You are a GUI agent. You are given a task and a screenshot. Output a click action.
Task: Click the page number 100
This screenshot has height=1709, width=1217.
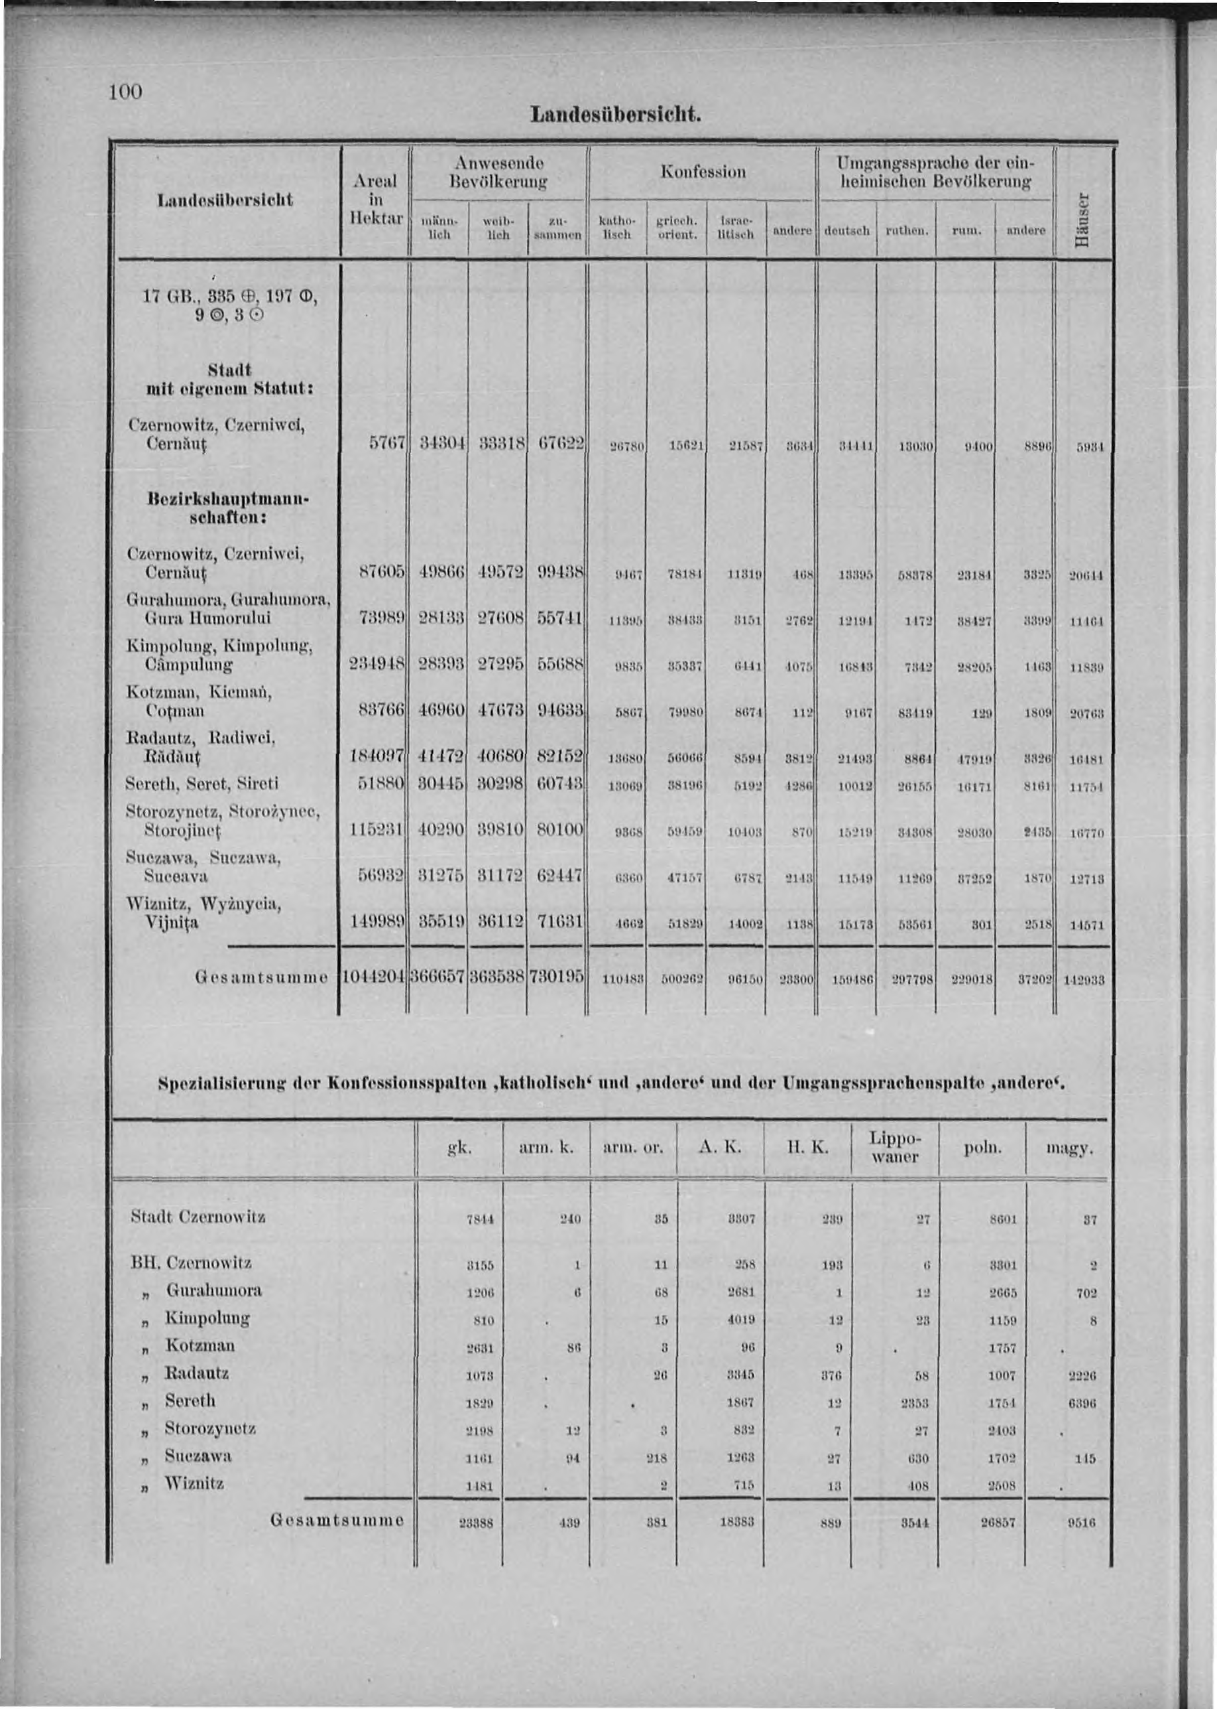coord(125,92)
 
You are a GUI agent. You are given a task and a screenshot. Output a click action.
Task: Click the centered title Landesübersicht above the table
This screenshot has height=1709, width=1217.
coord(615,115)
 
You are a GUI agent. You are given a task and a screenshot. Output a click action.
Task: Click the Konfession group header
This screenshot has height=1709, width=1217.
coord(702,172)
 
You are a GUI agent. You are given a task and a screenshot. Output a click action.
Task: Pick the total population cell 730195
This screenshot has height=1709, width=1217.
coord(556,978)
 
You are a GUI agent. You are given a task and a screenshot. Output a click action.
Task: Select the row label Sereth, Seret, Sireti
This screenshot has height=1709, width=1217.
coord(202,784)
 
